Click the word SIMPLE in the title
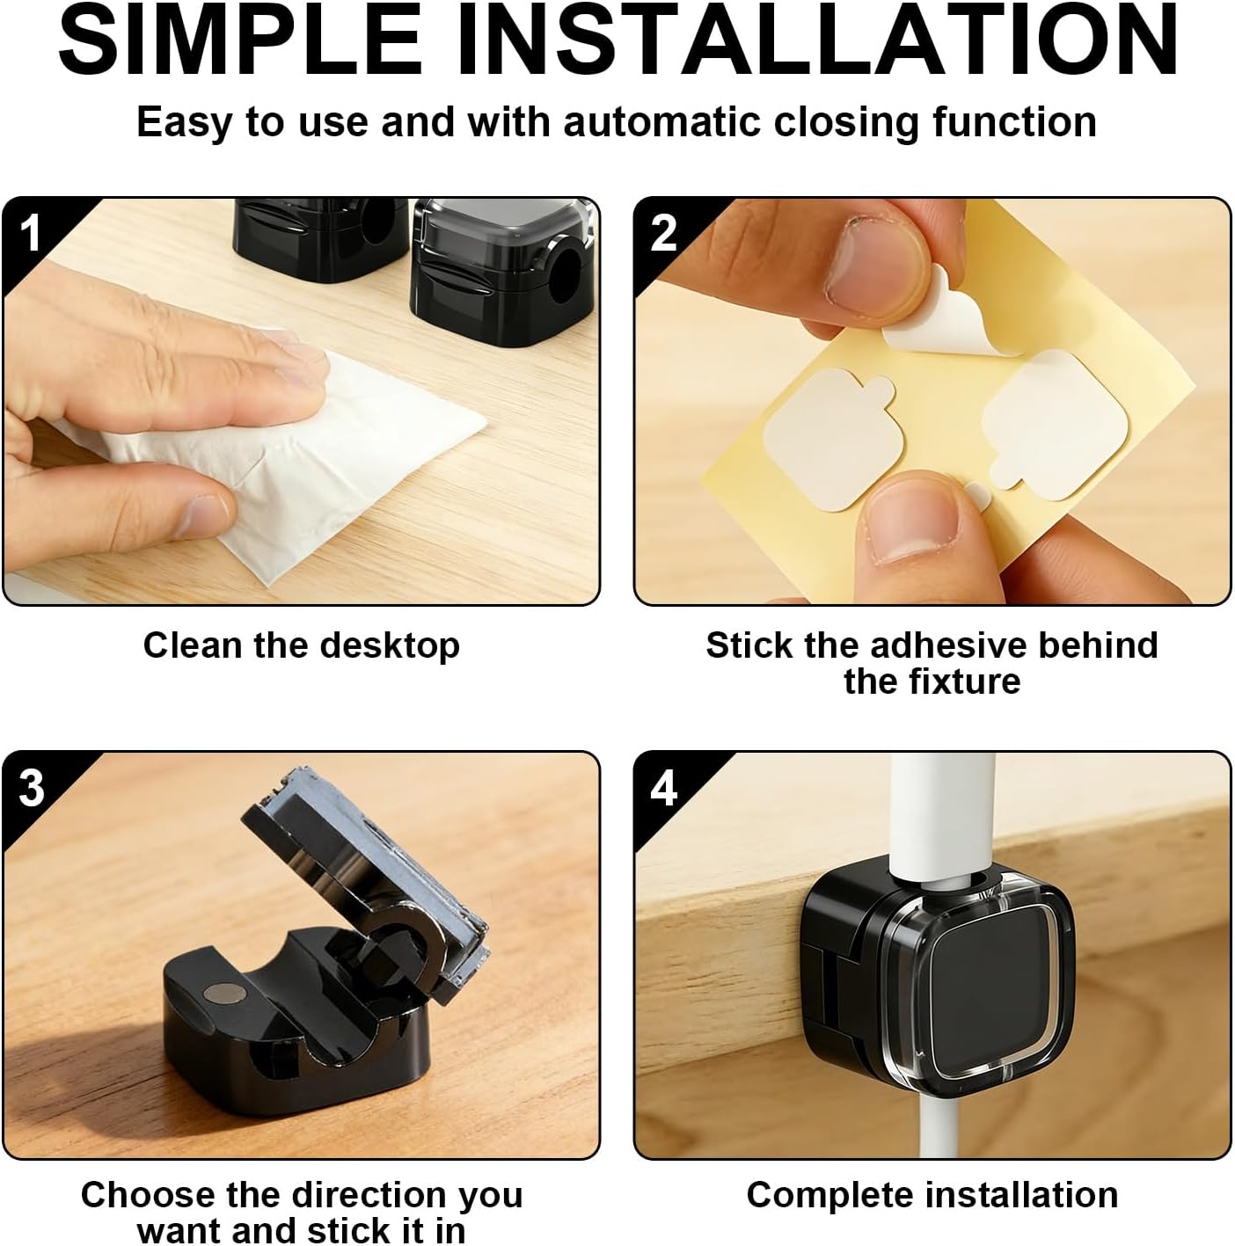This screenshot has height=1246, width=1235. click(x=241, y=41)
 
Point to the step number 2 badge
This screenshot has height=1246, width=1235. click(x=663, y=233)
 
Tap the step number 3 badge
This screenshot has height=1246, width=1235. click(x=31, y=788)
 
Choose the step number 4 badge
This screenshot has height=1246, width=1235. click(x=664, y=788)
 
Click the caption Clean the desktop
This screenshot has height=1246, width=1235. click(x=302, y=645)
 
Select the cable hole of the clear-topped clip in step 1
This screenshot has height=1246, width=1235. click(x=564, y=267)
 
